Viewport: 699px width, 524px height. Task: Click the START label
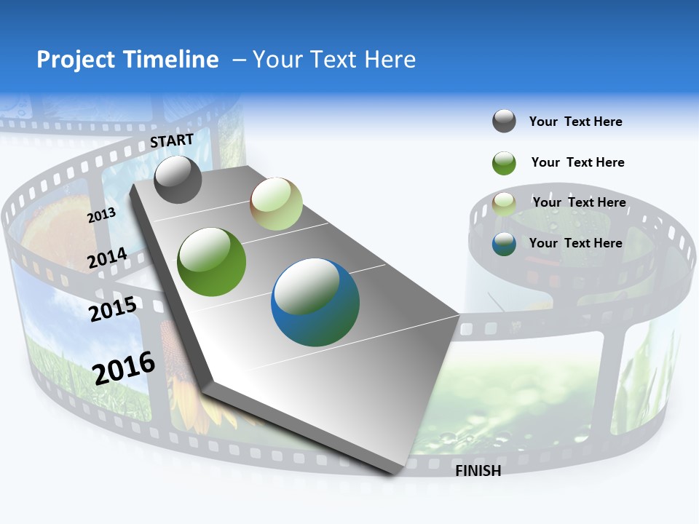point(172,140)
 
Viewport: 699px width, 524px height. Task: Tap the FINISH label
point(478,471)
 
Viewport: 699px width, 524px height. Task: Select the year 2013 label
point(101,215)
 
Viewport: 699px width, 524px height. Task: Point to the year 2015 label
point(112,309)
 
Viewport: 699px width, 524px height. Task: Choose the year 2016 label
point(124,368)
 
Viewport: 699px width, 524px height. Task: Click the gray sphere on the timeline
point(178,179)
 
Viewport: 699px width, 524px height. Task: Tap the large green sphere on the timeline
point(212,262)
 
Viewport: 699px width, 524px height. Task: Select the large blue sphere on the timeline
point(315,302)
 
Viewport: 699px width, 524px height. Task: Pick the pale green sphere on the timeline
point(276,204)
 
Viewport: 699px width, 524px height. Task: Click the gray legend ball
point(504,121)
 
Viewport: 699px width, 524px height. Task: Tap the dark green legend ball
point(504,163)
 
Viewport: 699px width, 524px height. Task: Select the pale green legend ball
point(504,203)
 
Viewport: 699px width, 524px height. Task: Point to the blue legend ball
point(504,244)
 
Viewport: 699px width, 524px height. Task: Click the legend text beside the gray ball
point(575,122)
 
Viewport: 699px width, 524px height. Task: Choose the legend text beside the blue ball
point(575,243)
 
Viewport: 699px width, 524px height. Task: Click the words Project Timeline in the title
point(127,60)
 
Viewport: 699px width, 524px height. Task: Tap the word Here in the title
point(389,60)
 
